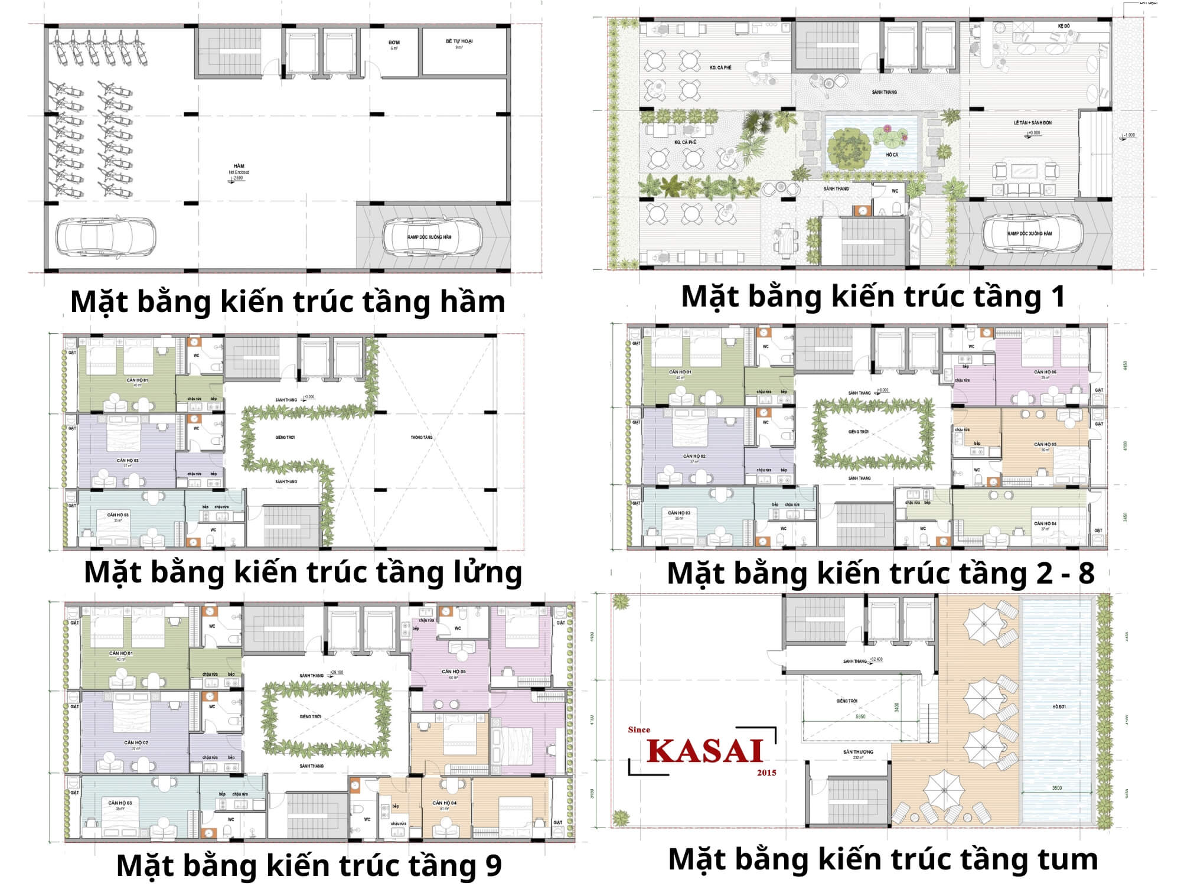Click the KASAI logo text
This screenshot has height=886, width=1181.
[706, 751]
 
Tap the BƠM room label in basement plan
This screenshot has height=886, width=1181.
[394, 43]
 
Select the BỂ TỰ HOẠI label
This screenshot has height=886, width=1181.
[459, 41]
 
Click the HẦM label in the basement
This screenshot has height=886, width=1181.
[239, 166]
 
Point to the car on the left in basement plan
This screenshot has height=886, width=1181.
[106, 237]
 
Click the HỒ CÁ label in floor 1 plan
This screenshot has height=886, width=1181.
[892, 155]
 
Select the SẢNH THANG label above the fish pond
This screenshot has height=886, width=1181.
[884, 92]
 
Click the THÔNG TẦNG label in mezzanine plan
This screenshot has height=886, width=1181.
[422, 438]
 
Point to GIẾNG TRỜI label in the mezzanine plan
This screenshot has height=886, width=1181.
[285, 438]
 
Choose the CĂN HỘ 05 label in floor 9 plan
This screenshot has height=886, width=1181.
[454, 672]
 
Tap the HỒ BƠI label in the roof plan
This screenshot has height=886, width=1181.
[1059, 707]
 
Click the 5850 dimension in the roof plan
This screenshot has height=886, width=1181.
[860, 716]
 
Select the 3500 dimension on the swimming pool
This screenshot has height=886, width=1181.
[1056, 788]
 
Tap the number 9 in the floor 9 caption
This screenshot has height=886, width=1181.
[493, 865]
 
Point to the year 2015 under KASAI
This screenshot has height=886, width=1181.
[766, 773]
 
